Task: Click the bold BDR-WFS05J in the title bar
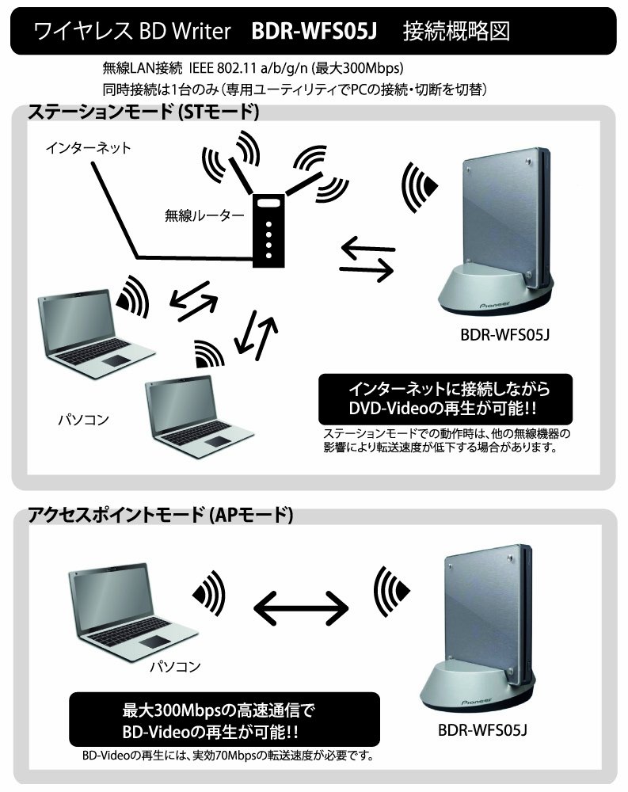coord(314,32)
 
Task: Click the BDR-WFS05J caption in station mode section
coord(504,333)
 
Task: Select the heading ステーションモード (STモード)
coord(143,112)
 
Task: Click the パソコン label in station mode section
coord(84,417)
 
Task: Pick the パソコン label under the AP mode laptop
coord(176,668)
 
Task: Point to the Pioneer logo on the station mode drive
coord(495,302)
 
